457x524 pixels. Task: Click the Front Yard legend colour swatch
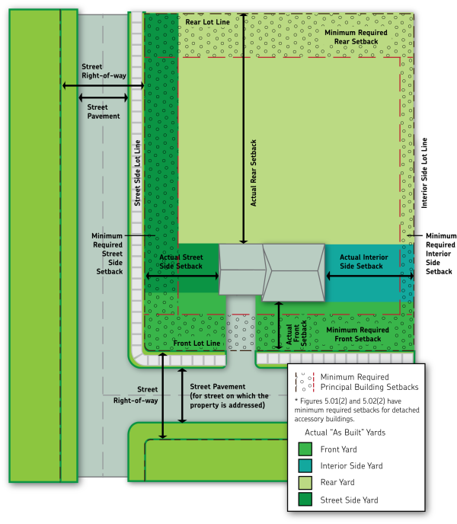coord(305,449)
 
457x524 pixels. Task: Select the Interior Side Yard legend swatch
coord(305,465)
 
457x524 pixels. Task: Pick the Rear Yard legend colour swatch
coord(305,482)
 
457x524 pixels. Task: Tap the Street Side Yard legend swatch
coord(305,499)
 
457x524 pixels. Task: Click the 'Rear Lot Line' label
coord(209,22)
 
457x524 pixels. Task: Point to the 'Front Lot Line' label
coord(197,343)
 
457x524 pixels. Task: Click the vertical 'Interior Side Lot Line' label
coord(424,174)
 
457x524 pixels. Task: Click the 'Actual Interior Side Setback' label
coord(361,261)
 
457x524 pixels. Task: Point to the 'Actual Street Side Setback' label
coord(182,261)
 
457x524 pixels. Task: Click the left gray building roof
coord(241,270)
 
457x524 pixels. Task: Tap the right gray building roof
coord(293,272)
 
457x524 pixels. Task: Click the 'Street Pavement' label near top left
coord(103,111)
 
